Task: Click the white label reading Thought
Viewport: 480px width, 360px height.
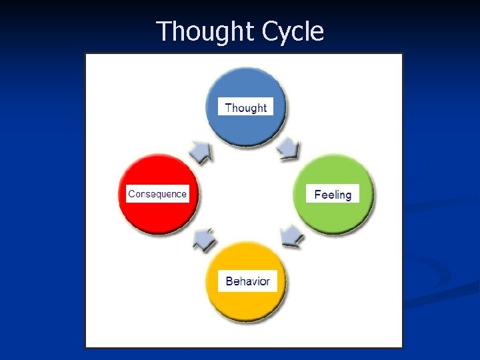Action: point(245,107)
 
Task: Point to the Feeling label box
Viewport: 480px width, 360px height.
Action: point(333,194)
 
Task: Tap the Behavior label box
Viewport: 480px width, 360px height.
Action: point(247,281)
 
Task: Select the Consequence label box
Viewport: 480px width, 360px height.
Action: point(158,194)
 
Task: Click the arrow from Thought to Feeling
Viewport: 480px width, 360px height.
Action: point(289,149)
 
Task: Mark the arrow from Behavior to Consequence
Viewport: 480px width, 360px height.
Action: point(204,239)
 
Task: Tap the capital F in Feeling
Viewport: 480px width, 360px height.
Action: point(318,194)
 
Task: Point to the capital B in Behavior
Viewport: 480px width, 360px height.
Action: point(229,281)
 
